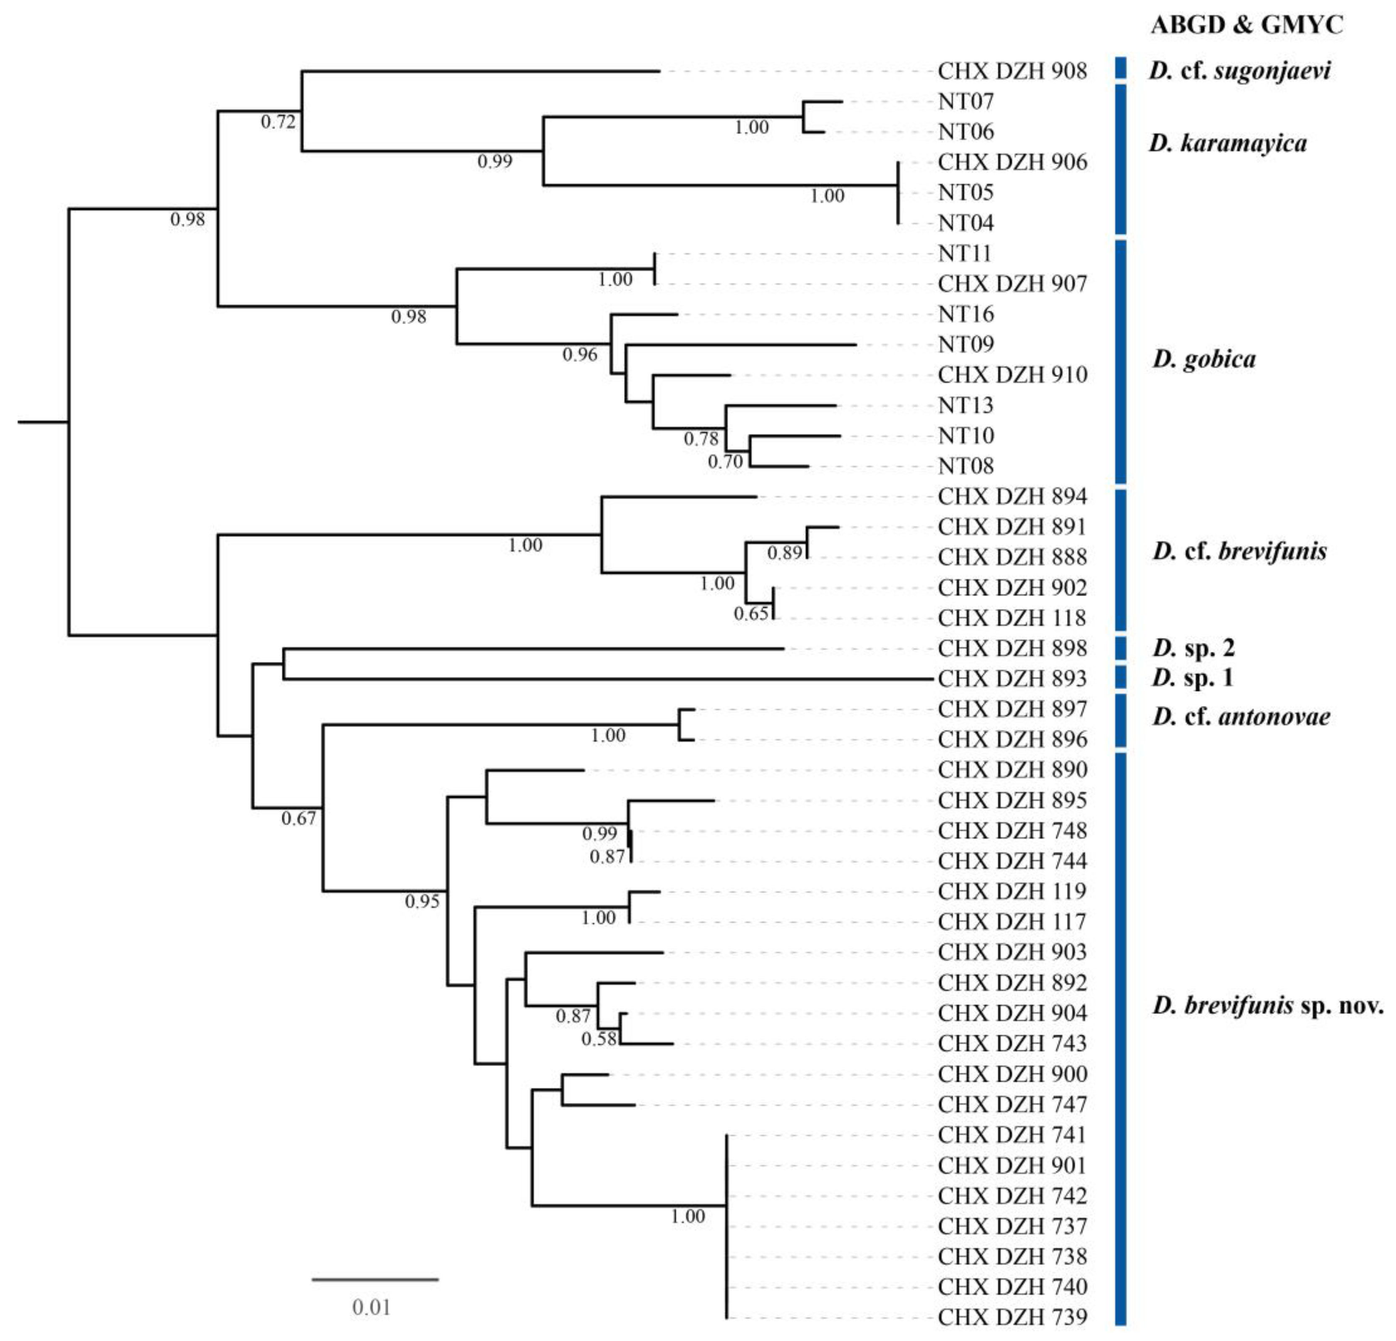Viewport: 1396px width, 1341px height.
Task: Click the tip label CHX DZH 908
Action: point(1012,71)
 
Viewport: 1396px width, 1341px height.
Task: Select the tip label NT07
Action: point(965,102)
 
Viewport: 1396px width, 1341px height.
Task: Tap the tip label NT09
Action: point(965,345)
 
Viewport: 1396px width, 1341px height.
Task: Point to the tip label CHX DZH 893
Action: point(1012,679)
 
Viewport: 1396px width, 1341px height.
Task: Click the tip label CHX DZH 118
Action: point(1012,618)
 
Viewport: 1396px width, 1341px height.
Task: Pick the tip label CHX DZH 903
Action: point(1012,952)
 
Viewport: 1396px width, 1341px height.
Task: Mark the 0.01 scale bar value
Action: point(371,1307)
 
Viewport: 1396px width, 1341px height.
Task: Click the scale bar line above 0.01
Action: point(375,1280)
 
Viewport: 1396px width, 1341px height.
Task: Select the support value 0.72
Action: point(278,122)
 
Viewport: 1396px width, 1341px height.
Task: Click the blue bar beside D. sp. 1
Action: point(1120,677)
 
